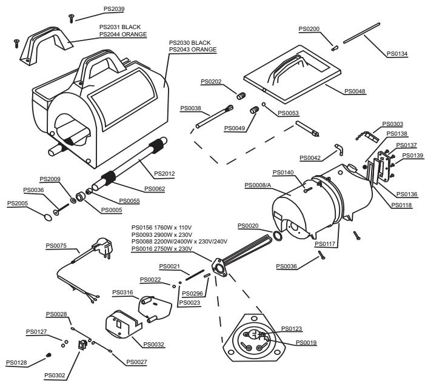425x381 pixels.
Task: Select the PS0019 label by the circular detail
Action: (307, 343)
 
